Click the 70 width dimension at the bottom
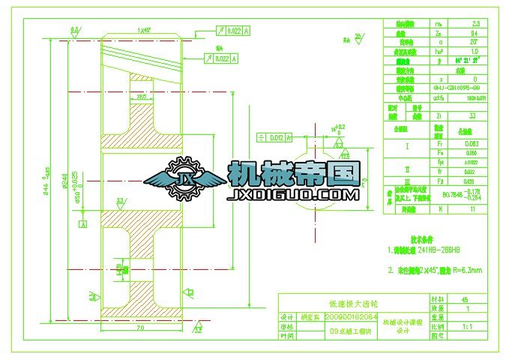[139, 328]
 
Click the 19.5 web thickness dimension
[143, 97]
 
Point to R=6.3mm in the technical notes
[466, 268]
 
